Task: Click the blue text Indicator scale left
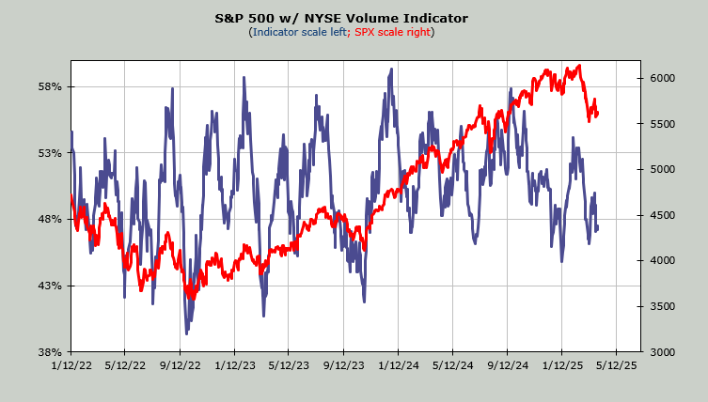point(298,32)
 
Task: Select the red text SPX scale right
point(394,32)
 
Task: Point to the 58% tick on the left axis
point(49,87)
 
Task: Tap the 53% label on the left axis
point(49,153)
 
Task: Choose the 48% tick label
point(49,220)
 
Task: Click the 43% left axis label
point(49,286)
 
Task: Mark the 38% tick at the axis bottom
point(49,352)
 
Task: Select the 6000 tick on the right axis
point(662,78)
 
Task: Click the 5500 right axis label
point(662,124)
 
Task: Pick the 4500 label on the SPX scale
point(662,215)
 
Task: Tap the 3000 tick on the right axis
point(662,352)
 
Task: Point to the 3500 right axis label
point(662,306)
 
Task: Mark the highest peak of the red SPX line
point(579,66)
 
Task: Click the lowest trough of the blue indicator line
point(186,332)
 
